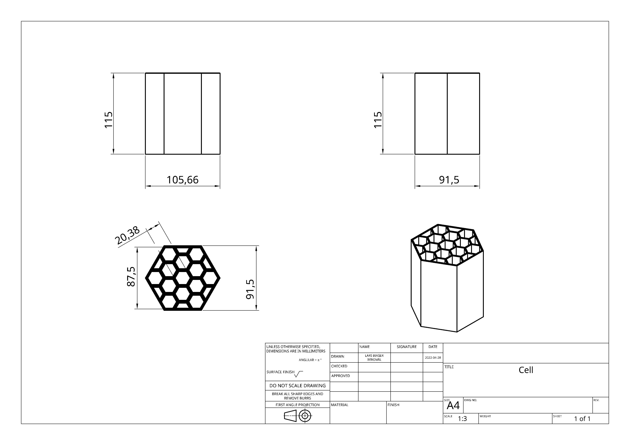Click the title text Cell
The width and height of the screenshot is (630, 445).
(526, 370)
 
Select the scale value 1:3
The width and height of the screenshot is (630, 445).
(462, 419)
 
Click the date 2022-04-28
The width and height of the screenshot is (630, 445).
(433, 358)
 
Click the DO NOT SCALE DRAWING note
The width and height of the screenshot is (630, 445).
(297, 385)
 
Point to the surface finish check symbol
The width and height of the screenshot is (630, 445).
(298, 374)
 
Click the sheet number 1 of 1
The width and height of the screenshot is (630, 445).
(582, 419)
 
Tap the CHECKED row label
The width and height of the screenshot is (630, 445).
(339, 366)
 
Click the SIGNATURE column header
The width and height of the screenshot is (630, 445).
(406, 347)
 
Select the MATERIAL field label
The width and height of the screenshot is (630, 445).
(339, 405)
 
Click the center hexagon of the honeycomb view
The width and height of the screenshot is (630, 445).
(182, 278)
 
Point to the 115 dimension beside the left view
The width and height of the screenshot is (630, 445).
(109, 120)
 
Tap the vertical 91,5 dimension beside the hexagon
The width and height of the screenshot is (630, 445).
(250, 289)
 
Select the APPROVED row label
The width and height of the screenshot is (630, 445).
(340, 376)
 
